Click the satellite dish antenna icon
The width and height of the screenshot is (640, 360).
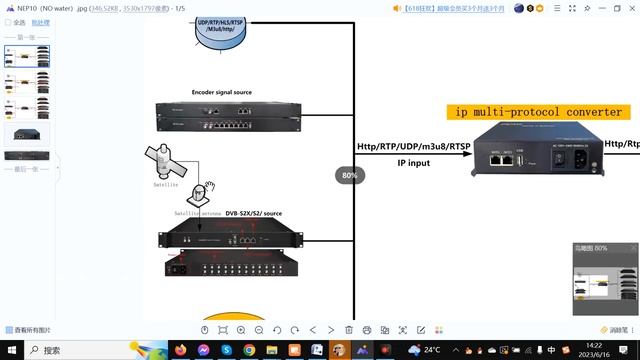(210, 191)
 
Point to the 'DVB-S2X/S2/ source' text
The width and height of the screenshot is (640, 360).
(253, 213)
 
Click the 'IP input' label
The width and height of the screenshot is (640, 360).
(413, 162)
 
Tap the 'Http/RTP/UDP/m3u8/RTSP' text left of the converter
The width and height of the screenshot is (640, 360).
(413, 146)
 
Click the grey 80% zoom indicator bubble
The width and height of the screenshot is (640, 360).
(350, 174)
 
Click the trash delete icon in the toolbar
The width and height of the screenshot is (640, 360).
(349, 329)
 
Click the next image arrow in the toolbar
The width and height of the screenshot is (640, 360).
(331, 329)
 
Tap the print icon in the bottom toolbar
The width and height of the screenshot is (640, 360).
(367, 329)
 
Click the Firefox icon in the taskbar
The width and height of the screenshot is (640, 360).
(203, 350)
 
